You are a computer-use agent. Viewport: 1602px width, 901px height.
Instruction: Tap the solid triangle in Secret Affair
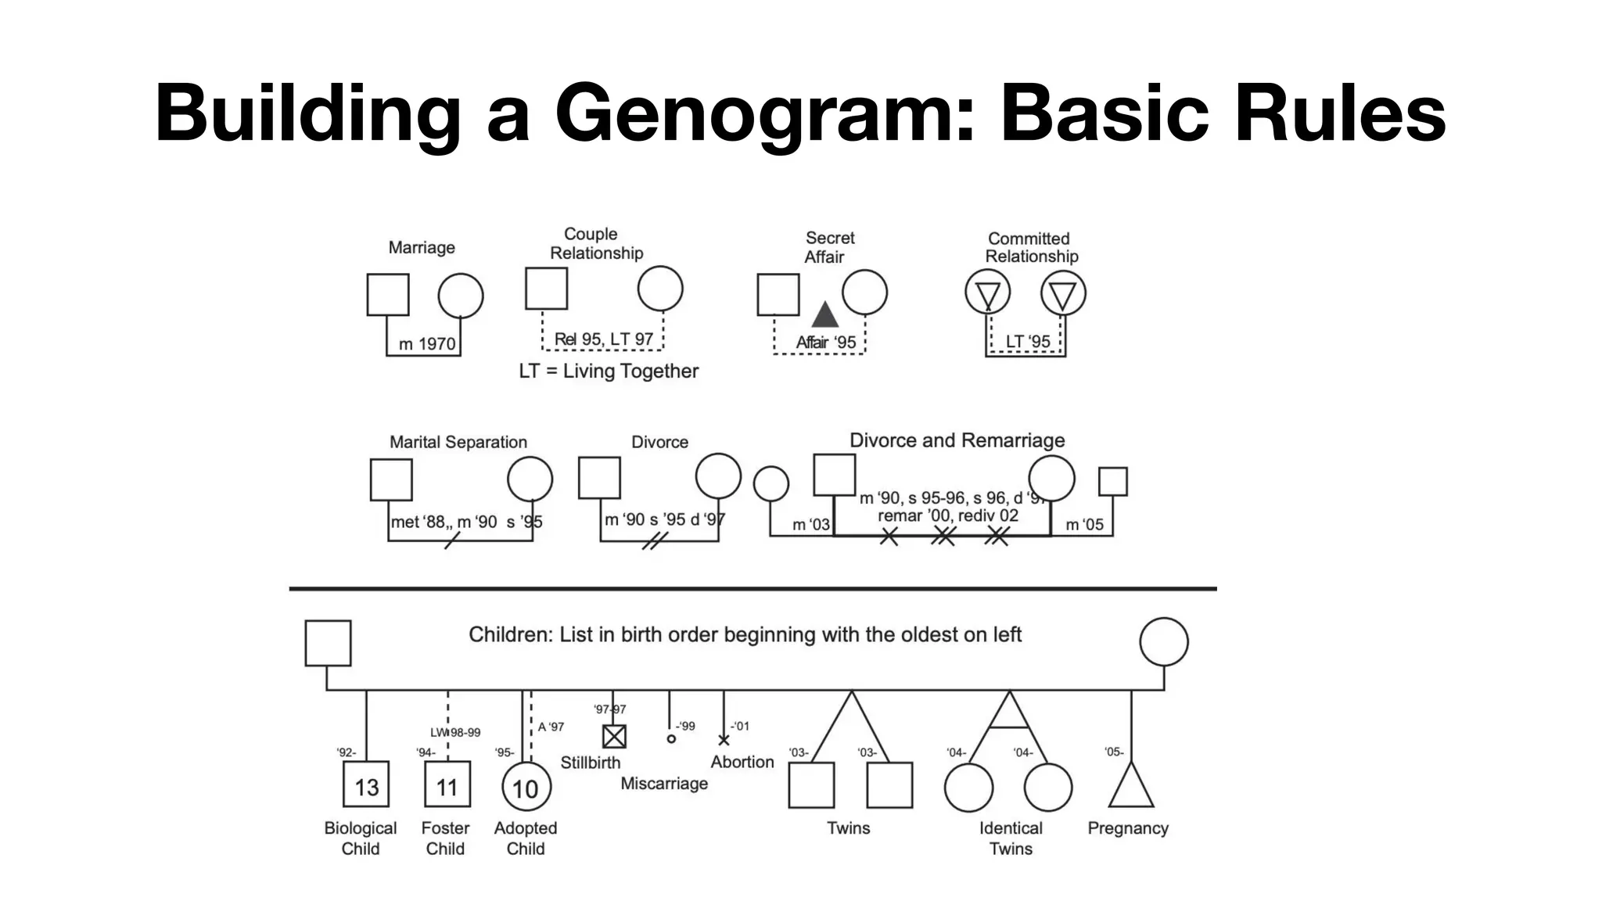(x=824, y=314)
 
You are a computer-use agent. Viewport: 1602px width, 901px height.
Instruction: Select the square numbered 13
(x=366, y=784)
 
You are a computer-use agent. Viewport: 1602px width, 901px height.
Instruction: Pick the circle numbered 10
(x=526, y=788)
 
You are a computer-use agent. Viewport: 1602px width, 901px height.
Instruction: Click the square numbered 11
(x=447, y=784)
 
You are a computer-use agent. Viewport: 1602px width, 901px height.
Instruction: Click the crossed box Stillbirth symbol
(x=614, y=736)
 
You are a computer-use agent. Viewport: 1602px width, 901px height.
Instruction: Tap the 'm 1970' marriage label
(x=427, y=344)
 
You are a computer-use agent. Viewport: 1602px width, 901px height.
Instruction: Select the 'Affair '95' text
(x=826, y=343)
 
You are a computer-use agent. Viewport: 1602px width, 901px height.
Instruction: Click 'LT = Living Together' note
(x=609, y=372)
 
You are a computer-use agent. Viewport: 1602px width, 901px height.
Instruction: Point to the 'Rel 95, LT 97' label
(x=603, y=339)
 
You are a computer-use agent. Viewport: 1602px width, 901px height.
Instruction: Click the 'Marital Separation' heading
(x=458, y=442)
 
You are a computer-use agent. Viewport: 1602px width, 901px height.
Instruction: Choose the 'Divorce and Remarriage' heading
(x=957, y=440)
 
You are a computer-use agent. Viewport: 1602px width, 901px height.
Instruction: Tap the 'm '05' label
(x=1084, y=525)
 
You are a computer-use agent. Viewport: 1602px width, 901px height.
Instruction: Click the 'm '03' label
(x=810, y=525)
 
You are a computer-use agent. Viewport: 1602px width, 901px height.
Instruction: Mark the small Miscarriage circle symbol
(x=671, y=738)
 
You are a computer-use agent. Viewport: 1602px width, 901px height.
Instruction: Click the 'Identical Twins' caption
(x=1011, y=838)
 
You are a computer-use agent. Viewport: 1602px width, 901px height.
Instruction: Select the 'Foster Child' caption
(x=445, y=838)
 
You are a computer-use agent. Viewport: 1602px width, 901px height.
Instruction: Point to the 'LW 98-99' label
(x=455, y=733)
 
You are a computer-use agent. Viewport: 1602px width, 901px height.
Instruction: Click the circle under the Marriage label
(x=460, y=296)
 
